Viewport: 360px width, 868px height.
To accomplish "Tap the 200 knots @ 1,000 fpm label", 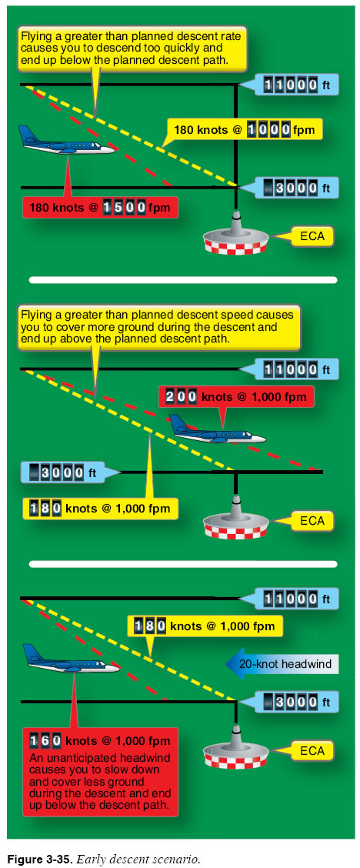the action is point(236,396).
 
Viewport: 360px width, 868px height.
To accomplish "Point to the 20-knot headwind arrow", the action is point(282,664).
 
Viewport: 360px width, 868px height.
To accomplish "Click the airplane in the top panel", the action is point(66,141).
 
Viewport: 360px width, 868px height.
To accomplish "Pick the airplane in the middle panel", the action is point(217,429).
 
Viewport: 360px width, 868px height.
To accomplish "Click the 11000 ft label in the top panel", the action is point(298,85).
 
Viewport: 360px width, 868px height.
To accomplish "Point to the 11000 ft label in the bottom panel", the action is point(298,599).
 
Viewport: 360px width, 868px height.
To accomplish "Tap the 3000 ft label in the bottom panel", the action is point(298,703).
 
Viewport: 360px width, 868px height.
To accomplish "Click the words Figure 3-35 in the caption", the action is point(38,860).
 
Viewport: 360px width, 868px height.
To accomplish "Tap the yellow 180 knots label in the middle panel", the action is point(100,508).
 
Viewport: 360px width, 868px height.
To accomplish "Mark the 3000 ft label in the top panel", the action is point(298,189).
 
